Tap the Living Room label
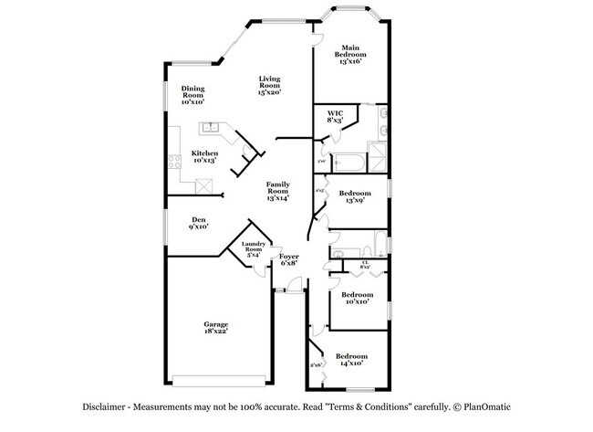[x=268, y=85]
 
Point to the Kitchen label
[x=204, y=156]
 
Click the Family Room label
[x=277, y=191]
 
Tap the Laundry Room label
[x=254, y=248]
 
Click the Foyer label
[x=289, y=260]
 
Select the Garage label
[x=216, y=327]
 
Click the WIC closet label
[x=335, y=117]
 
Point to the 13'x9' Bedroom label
[x=356, y=197]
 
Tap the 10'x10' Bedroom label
[x=357, y=298]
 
